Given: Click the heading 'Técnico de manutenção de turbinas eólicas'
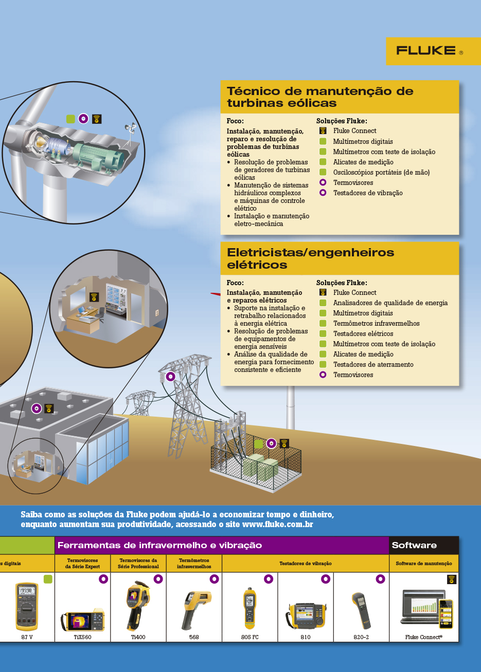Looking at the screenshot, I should click(x=320, y=97).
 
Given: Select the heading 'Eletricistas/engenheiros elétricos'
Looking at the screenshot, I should click(x=311, y=258).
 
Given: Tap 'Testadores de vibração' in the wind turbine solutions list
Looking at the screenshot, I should click(x=368, y=193).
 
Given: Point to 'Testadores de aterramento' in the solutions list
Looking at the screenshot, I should click(x=373, y=365).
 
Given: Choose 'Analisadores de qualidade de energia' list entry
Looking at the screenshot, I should click(x=390, y=303).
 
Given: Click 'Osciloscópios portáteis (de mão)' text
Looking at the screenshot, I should click(x=381, y=173).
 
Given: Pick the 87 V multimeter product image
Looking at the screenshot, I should click(x=27, y=606).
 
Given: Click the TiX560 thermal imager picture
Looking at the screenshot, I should click(x=83, y=621).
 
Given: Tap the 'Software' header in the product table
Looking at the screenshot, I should click(x=414, y=546).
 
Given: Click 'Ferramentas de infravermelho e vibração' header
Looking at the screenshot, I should click(x=159, y=546).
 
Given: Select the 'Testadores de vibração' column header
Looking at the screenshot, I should click(x=306, y=564).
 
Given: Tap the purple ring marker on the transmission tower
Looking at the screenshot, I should click(x=170, y=377).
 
